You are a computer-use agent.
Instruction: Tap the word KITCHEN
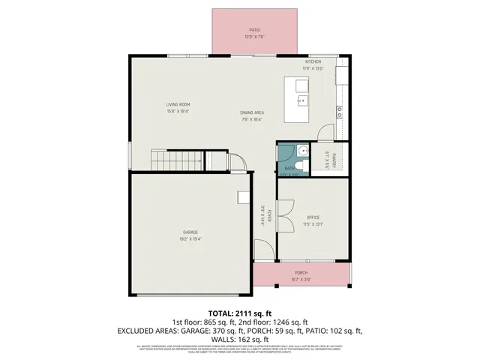[x=313, y=61]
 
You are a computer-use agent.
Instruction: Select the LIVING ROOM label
[x=178, y=104]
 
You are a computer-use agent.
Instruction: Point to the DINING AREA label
[x=252, y=112]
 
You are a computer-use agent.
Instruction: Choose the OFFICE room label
[x=313, y=217]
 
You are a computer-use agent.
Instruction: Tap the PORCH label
[x=301, y=272]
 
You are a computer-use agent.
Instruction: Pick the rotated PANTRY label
[x=333, y=160]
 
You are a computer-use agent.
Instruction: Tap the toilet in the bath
[x=301, y=151]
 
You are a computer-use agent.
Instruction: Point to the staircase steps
[x=177, y=160]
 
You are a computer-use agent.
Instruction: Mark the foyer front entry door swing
[x=263, y=250]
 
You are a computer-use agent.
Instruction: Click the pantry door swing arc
[x=325, y=133]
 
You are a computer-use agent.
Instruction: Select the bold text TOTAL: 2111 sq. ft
[x=239, y=313]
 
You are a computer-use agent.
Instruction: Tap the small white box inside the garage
[x=244, y=197]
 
